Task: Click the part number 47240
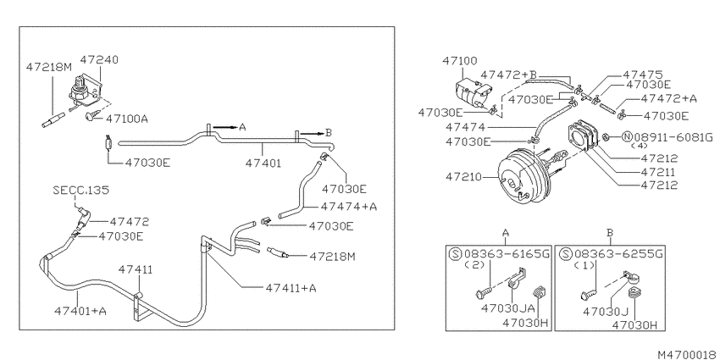coord(99,59)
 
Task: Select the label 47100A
coord(127,119)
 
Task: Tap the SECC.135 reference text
coord(81,190)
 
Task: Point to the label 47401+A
coord(80,311)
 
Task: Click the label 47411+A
coord(291,288)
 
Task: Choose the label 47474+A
coord(349,207)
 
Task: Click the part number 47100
coord(460,61)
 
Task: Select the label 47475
coord(643,75)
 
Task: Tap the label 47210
coord(462,176)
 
